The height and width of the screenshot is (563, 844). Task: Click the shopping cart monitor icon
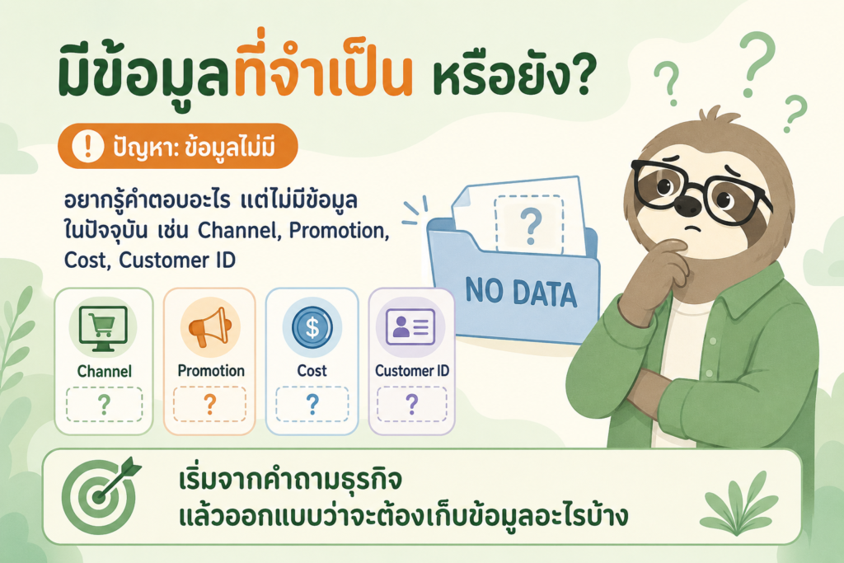pyautogui.click(x=103, y=328)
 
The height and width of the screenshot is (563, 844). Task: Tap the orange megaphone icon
pyautogui.click(x=210, y=327)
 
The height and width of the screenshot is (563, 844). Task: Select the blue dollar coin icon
pyautogui.click(x=312, y=326)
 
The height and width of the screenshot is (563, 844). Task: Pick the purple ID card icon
pyautogui.click(x=410, y=326)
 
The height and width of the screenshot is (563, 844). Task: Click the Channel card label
pyautogui.click(x=105, y=372)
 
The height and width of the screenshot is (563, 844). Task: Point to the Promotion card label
pyautogui.click(x=211, y=371)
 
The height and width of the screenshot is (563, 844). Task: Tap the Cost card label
pyautogui.click(x=312, y=371)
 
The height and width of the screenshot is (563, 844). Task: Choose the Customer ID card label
pyautogui.click(x=412, y=371)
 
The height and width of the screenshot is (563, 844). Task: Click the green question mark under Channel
pyautogui.click(x=104, y=405)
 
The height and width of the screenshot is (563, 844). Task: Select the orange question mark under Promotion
pyautogui.click(x=210, y=404)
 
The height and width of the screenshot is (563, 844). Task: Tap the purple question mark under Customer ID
pyautogui.click(x=412, y=404)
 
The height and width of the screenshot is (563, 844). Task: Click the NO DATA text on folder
pyautogui.click(x=521, y=293)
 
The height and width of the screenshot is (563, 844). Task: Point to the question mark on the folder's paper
pyautogui.click(x=531, y=226)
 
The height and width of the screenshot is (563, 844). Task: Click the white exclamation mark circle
pyautogui.click(x=87, y=146)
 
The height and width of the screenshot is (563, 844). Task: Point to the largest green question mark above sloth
pyautogui.click(x=757, y=63)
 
